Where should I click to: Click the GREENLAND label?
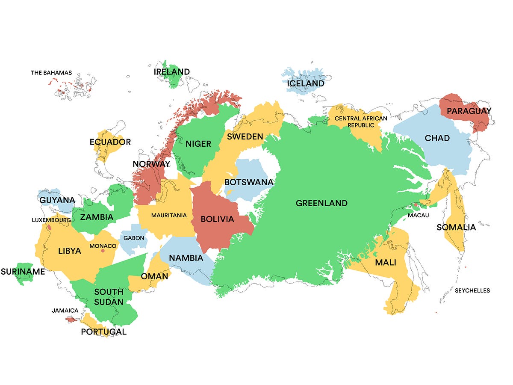(321, 203)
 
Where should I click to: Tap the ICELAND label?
(306, 83)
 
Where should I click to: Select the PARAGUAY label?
(469, 111)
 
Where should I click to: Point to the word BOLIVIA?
(218, 219)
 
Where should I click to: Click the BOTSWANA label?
(249, 182)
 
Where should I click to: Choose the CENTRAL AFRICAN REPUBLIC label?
(354, 122)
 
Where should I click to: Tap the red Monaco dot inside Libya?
(103, 251)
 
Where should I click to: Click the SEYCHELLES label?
(472, 290)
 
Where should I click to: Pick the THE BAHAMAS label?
(51, 73)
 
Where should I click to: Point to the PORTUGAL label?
(104, 332)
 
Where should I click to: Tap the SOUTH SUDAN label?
(109, 297)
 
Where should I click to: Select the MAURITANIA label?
(169, 215)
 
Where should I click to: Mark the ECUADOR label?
(110, 142)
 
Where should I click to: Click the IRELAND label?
(172, 72)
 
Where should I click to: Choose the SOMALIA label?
(456, 227)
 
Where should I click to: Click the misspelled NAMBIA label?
(186, 258)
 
